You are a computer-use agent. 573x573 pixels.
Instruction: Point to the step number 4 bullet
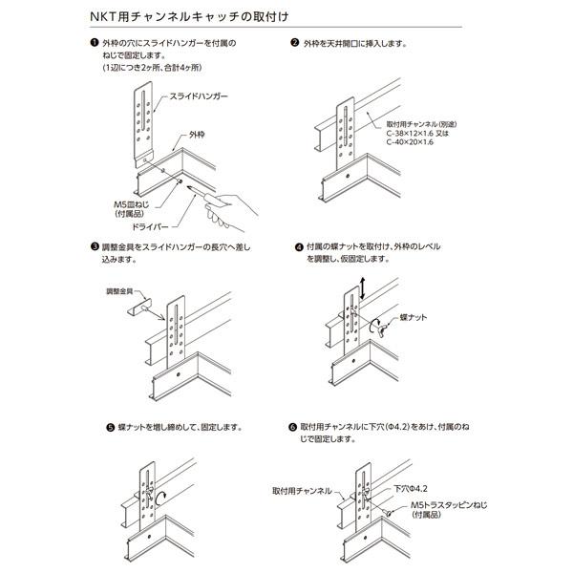297,245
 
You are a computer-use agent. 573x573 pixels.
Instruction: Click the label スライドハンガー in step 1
200,97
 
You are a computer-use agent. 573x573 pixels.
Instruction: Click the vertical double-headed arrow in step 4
362,284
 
